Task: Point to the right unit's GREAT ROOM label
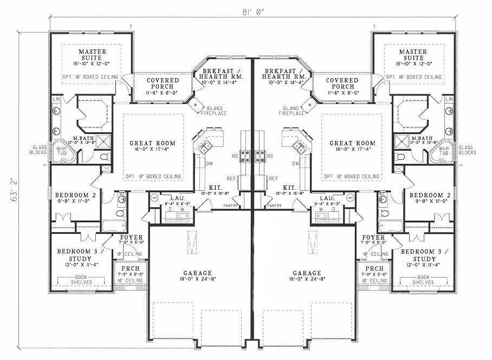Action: click(x=348, y=144)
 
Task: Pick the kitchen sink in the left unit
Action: click(x=206, y=144)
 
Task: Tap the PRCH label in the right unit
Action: click(x=374, y=269)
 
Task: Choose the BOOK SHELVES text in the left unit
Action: click(x=81, y=280)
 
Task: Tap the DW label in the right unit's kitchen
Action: click(x=296, y=163)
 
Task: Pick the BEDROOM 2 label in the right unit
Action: click(x=427, y=197)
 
